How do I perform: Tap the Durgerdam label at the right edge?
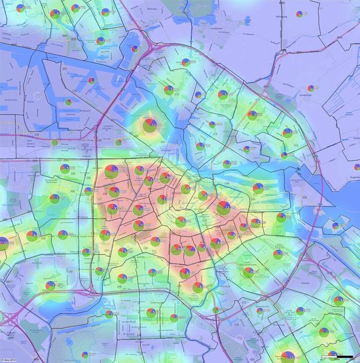(x=353, y=176)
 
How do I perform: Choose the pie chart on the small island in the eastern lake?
(x=338, y=226)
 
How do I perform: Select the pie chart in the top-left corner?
(x=21, y=9)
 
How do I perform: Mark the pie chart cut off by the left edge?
(x=3, y=243)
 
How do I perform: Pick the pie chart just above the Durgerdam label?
(x=357, y=167)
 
